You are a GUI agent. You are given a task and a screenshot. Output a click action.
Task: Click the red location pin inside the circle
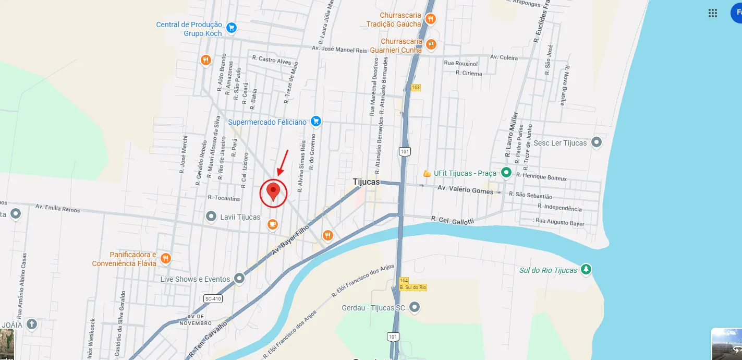pos(273,191)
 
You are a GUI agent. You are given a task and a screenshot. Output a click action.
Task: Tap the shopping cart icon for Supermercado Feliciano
pos(315,122)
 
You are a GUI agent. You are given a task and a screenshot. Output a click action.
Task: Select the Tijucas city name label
pos(366,182)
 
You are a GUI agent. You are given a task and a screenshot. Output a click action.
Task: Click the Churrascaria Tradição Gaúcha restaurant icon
pos(430,19)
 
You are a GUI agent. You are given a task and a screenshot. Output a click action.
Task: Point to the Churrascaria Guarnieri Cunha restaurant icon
pos(431,45)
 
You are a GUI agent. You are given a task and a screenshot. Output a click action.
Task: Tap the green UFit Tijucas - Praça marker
pos(505,173)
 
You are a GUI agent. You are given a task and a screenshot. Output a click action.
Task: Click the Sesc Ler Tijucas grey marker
pos(597,142)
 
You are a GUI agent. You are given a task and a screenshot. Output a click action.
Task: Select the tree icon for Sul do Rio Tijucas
pos(587,270)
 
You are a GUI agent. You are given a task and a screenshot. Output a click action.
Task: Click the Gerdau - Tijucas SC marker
pos(415,308)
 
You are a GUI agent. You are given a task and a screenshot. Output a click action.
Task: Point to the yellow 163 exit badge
pos(415,87)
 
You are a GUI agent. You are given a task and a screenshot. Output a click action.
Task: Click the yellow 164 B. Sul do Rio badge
pos(412,284)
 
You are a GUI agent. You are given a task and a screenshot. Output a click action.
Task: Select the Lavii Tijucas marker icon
pos(211,216)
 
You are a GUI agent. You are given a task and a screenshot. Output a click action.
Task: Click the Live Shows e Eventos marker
pos(239,279)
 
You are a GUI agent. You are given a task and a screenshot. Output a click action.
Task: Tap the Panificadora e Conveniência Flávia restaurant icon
pos(166,258)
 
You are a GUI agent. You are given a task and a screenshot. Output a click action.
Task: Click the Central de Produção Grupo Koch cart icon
pos(232,28)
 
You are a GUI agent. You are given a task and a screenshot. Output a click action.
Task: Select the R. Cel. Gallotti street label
pos(452,220)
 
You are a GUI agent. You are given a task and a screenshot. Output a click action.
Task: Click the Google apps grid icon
pos(713,13)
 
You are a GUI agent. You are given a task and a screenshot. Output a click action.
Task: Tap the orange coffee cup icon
pos(272,224)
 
